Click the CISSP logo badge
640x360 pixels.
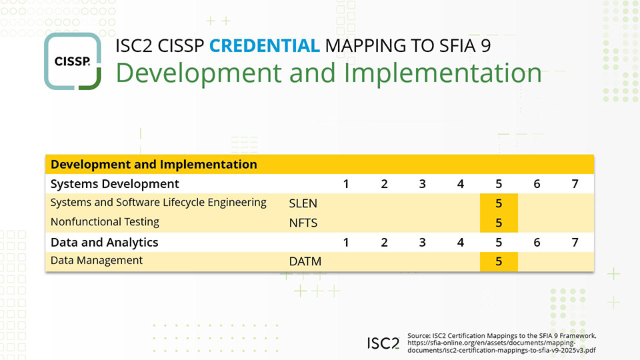(x=73, y=61)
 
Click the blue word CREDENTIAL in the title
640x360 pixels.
(x=265, y=45)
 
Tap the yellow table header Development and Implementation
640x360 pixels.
(x=154, y=164)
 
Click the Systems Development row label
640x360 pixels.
(x=115, y=183)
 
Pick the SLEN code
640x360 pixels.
(x=303, y=203)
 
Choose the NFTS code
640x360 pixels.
(x=303, y=222)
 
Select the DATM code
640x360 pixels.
(x=305, y=261)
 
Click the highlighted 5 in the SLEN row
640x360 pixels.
(x=499, y=203)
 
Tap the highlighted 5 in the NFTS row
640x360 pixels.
(x=499, y=223)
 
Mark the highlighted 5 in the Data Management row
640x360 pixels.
(x=499, y=261)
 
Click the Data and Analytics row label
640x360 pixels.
(x=104, y=242)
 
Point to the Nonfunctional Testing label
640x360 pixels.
(x=105, y=222)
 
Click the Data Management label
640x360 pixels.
(x=97, y=261)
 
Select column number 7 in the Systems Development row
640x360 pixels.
(x=575, y=184)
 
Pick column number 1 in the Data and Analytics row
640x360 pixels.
(x=346, y=243)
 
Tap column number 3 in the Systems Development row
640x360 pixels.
(x=422, y=184)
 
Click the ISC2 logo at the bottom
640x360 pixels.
(x=383, y=343)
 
